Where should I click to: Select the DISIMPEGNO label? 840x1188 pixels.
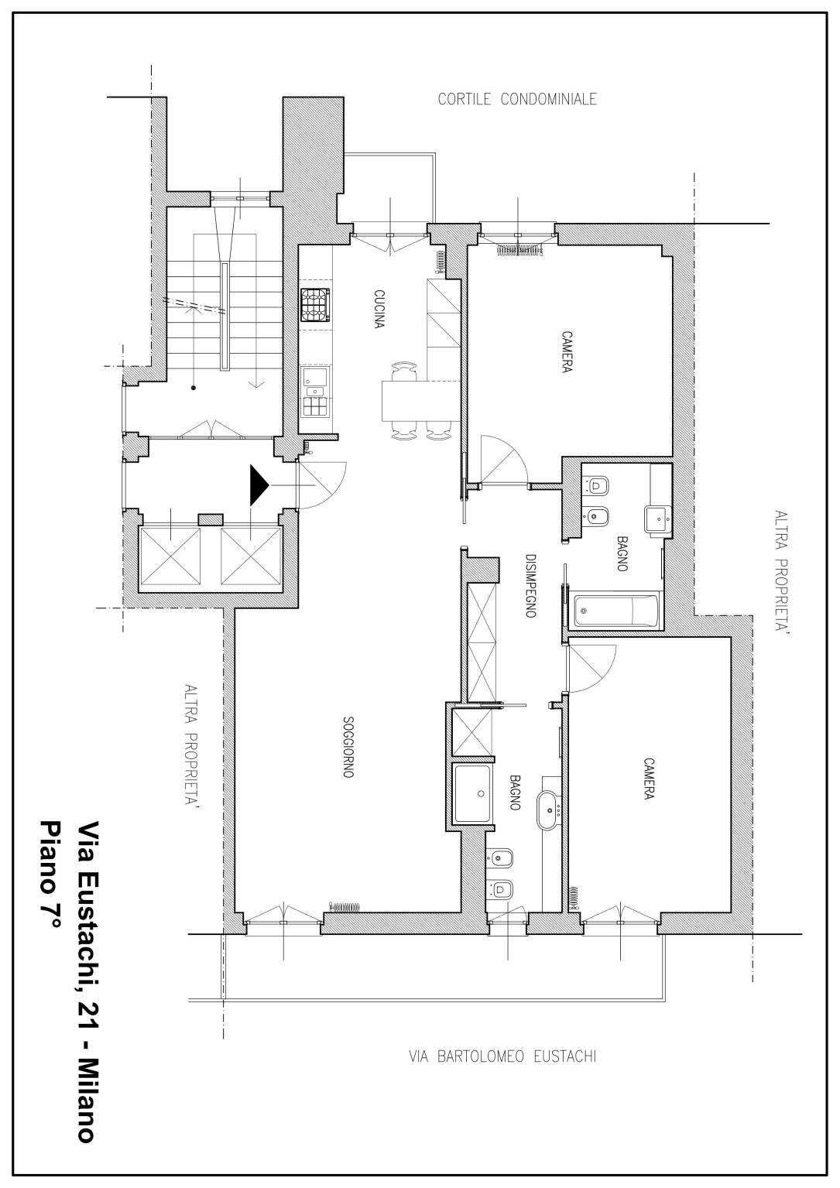point(531,585)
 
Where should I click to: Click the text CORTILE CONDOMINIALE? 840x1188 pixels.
point(517,99)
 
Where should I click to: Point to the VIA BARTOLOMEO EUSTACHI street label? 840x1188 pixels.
point(502,1056)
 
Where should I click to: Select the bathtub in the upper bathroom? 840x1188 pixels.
point(617,611)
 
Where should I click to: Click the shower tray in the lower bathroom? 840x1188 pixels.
point(473,794)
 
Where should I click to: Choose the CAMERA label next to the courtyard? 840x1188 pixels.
point(567,352)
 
